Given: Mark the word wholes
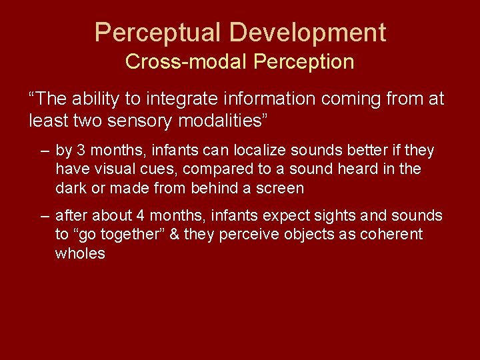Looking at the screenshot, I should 80,253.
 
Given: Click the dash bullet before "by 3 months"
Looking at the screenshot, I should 44,151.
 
